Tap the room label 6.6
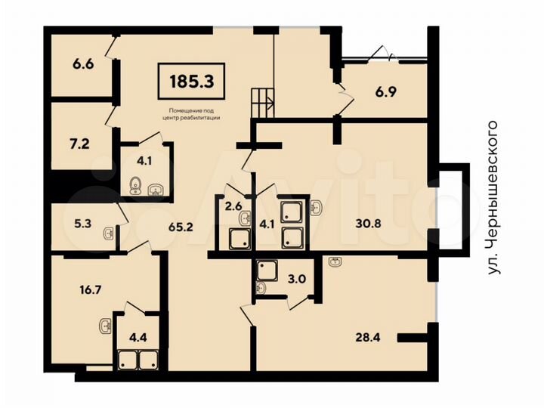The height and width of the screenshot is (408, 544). [x=82, y=65]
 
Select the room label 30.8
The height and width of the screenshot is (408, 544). [x=369, y=223]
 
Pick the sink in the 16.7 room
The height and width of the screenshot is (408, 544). [x=104, y=327]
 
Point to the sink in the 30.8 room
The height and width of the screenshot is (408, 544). [x=317, y=205]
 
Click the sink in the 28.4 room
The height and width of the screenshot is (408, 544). [x=335, y=262]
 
